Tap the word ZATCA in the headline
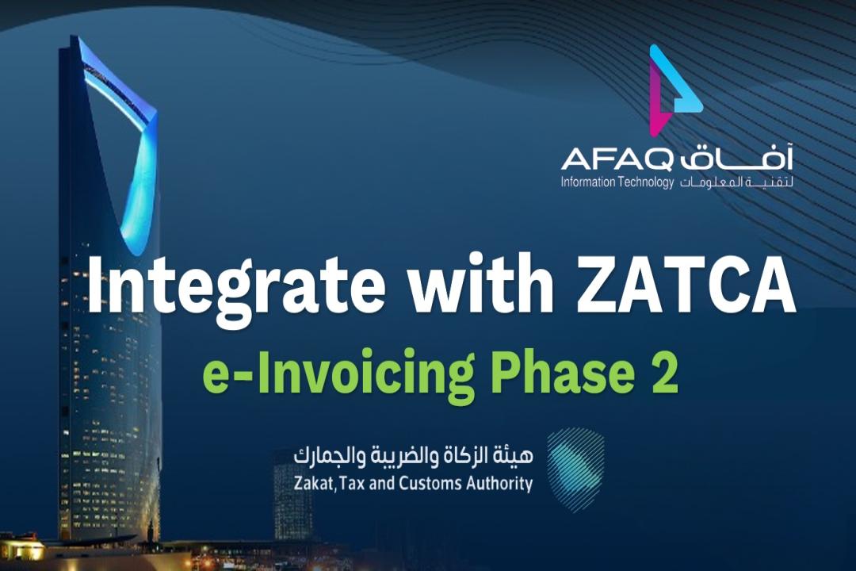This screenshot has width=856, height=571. click(x=685, y=284)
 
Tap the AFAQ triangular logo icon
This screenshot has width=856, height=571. click(x=674, y=90)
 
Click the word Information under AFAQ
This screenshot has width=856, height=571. click(x=588, y=182)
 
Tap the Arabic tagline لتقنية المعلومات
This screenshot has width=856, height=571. click(x=736, y=182)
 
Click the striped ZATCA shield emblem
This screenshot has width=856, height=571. click(x=576, y=470)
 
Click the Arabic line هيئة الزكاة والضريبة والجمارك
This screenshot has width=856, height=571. click(x=413, y=454)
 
